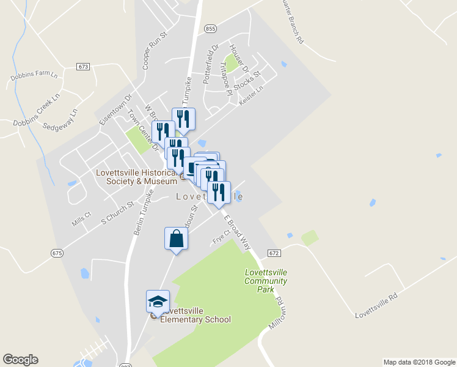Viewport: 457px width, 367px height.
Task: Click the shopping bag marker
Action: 176,239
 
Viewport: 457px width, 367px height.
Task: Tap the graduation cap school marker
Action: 158,302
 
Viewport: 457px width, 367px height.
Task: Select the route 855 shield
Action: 210,29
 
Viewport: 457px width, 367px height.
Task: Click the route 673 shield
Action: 84,66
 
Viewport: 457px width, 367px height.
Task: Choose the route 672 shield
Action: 273,253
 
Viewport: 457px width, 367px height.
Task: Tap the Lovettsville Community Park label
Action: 265,281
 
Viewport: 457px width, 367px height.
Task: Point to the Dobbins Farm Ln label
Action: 34,77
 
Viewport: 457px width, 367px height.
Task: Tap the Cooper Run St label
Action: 154,51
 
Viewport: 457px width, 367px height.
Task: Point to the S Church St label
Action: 117,212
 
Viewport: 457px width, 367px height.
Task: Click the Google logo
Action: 20,360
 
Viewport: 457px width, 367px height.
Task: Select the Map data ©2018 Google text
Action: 419,362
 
